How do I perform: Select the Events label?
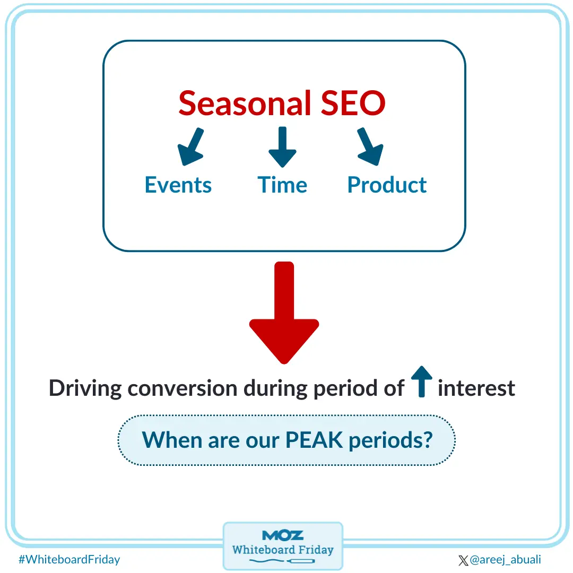[x=178, y=185]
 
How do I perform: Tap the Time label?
[x=282, y=185]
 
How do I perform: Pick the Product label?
[x=387, y=185]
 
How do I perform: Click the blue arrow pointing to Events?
[x=190, y=146]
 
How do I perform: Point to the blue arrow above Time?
[x=282, y=146]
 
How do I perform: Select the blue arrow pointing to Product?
[x=370, y=146]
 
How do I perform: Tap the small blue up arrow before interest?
[x=422, y=381]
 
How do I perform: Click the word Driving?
[x=85, y=388]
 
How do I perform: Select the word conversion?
[x=183, y=388]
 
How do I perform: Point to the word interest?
[x=476, y=388]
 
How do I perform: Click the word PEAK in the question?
[x=315, y=440]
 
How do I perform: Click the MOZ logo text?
[x=283, y=535]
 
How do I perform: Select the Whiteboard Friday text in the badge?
[x=283, y=549]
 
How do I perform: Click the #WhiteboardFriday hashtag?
[x=69, y=559]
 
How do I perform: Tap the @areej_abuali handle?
[x=505, y=560]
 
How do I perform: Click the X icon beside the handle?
[x=463, y=560]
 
